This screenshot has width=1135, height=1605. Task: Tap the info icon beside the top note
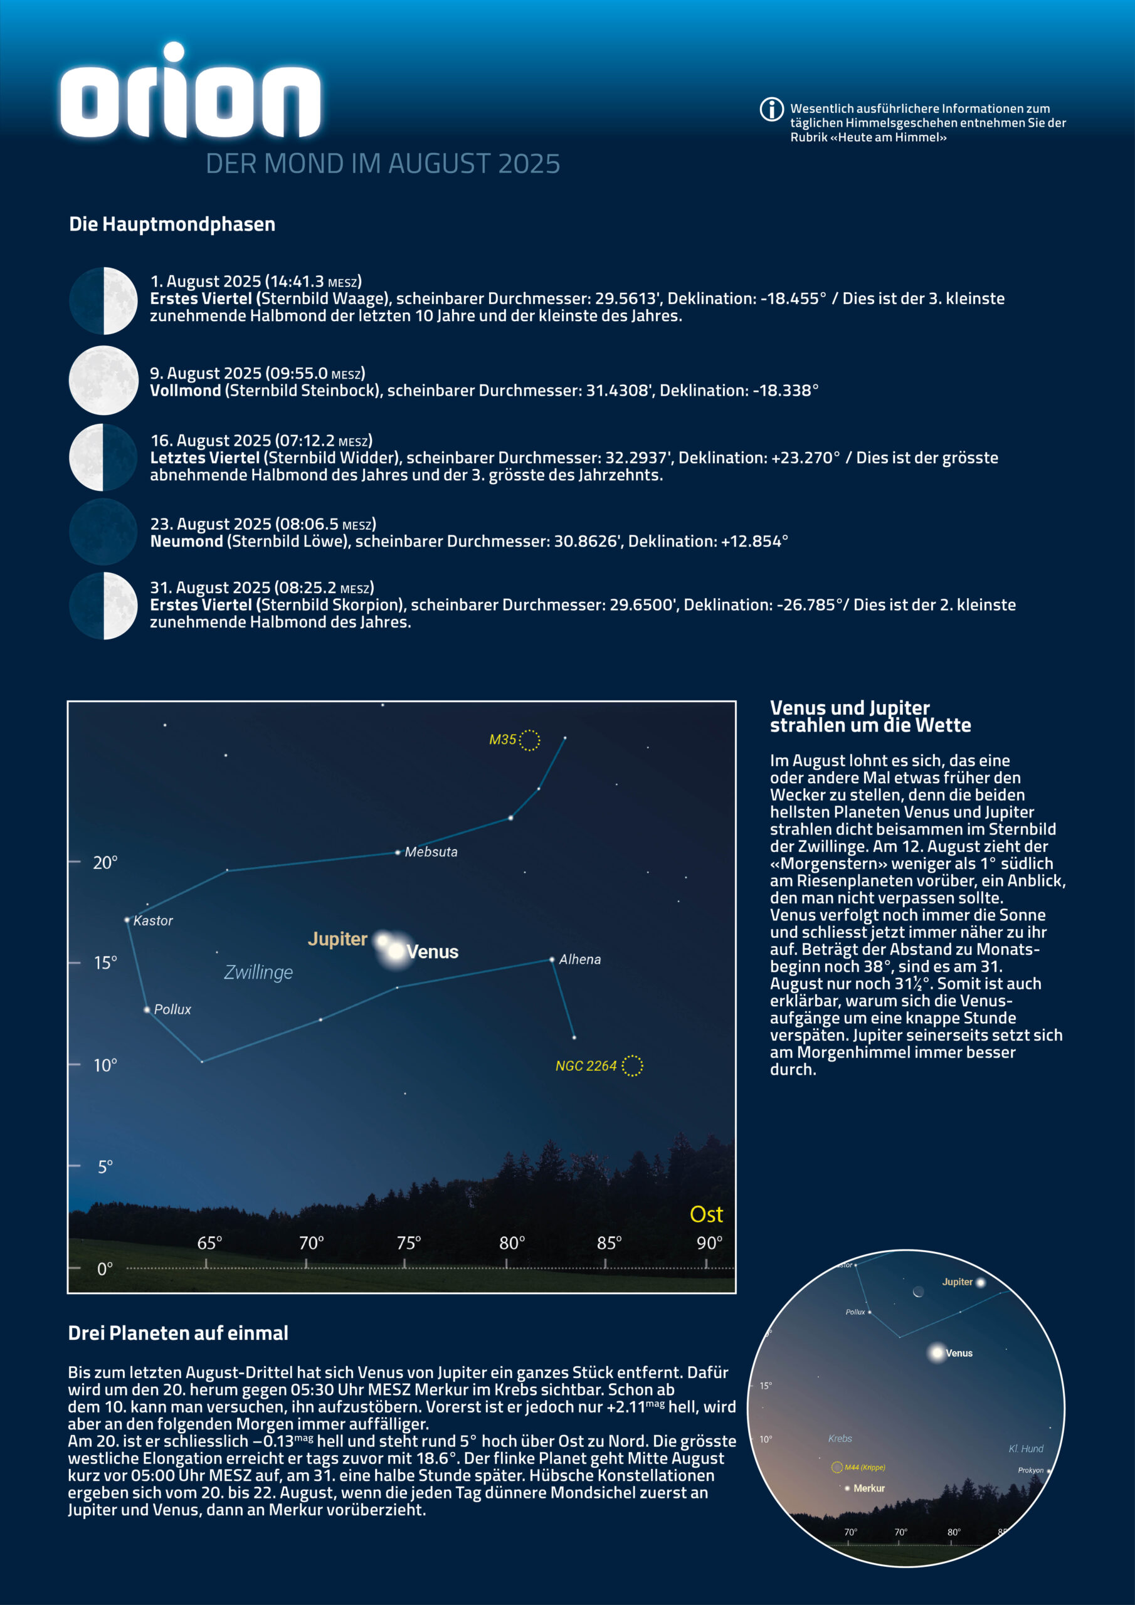(x=771, y=109)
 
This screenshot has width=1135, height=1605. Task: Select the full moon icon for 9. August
(x=103, y=381)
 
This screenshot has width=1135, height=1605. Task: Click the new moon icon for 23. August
(x=103, y=531)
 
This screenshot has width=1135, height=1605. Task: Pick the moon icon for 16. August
(x=103, y=457)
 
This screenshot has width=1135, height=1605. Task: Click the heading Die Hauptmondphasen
(x=172, y=224)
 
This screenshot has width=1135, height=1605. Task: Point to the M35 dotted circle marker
(x=529, y=740)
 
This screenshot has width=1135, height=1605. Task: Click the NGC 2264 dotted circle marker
(x=632, y=1065)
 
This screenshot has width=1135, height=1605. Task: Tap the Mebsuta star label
(x=431, y=852)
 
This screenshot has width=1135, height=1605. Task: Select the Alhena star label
(x=580, y=960)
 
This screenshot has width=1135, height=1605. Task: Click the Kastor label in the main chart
(x=153, y=920)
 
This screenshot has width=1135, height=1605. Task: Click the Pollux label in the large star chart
(x=172, y=1009)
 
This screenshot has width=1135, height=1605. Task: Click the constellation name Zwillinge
(x=258, y=972)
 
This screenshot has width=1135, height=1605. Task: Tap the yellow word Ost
(x=706, y=1215)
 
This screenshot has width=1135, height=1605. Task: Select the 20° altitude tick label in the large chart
(x=105, y=863)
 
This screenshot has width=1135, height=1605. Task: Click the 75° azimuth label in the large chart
(x=409, y=1243)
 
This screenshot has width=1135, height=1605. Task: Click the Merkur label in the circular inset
(x=869, y=1488)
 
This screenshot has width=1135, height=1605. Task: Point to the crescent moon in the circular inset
(x=918, y=1292)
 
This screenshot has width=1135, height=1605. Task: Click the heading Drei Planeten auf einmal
(x=177, y=1333)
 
